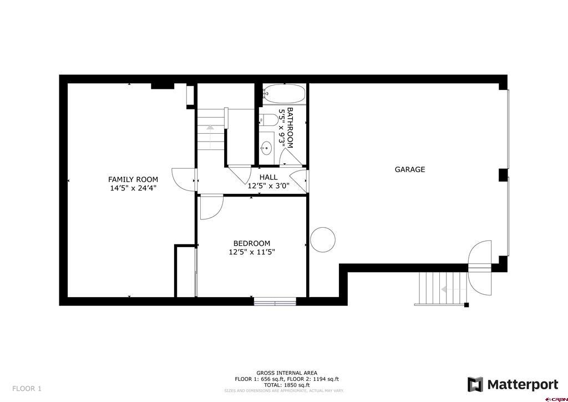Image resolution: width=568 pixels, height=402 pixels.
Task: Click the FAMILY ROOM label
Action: coord(133,179)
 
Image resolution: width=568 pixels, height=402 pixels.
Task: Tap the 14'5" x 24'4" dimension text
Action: coord(133,188)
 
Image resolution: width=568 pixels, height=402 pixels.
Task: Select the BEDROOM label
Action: coord(252,244)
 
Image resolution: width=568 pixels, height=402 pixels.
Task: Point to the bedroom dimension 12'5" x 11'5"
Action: coord(252,252)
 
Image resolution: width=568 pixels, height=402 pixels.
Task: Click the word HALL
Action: coord(268,177)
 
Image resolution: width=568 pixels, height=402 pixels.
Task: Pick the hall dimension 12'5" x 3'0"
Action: coord(268,186)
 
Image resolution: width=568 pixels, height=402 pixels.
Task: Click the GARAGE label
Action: coord(410,169)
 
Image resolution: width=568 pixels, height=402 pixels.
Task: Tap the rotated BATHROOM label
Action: coord(290,128)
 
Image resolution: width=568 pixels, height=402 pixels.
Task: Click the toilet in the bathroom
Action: coord(269,119)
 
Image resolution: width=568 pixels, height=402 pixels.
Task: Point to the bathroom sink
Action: coord(267,148)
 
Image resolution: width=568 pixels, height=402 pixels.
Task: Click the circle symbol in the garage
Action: coord(323,240)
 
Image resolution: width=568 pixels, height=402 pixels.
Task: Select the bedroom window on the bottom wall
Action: coord(275,301)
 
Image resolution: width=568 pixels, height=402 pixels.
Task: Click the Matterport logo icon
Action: coord(475,385)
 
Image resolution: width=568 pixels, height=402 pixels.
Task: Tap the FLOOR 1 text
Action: coord(27,389)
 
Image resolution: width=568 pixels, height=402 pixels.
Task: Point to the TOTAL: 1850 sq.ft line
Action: coord(287,385)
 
